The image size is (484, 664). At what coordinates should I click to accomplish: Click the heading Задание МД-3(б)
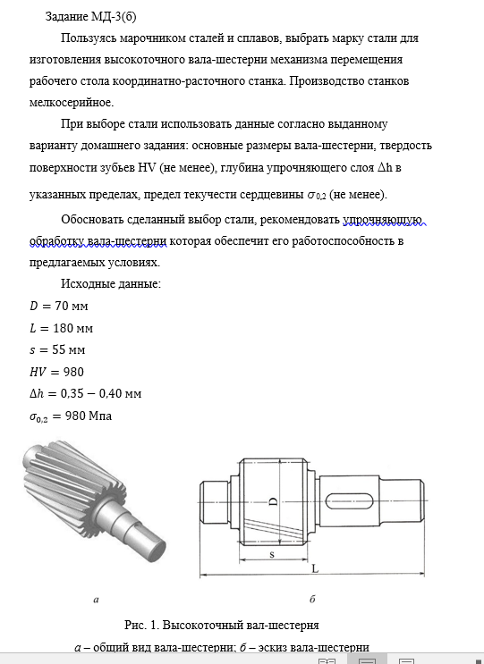[x=90, y=16]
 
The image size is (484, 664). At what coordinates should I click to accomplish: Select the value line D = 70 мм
[x=58, y=306]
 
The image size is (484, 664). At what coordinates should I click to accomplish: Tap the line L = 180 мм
[x=61, y=328]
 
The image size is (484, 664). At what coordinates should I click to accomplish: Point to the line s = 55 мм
[x=57, y=350]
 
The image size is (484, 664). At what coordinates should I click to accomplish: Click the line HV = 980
[x=56, y=372]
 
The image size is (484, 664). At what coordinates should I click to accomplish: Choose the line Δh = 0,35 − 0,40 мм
[x=85, y=394]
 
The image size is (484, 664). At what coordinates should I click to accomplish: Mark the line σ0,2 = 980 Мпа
[x=71, y=416]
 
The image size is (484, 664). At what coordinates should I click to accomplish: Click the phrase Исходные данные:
[x=111, y=283]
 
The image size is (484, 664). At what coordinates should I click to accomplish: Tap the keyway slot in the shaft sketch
[x=349, y=501]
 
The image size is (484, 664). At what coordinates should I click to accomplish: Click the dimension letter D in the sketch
[x=274, y=501]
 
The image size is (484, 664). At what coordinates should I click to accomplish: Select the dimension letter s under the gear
[x=272, y=554]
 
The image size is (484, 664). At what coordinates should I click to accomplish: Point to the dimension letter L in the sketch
[x=315, y=568]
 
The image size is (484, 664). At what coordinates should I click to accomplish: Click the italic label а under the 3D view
[x=96, y=600]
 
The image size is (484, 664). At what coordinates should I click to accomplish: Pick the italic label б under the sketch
[x=312, y=599]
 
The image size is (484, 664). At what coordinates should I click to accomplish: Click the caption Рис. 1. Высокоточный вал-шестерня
[x=221, y=625]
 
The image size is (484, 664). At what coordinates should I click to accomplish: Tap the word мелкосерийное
[x=72, y=103]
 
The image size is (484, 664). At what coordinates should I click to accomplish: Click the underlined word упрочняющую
[x=382, y=219]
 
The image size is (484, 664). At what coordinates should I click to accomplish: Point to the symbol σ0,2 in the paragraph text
[x=316, y=195]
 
